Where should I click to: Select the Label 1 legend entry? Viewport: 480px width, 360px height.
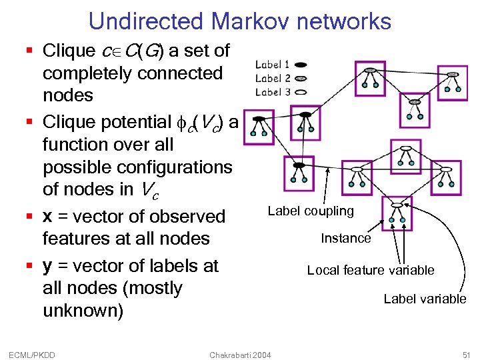pos(272,65)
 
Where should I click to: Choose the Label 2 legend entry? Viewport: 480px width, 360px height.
pos(272,79)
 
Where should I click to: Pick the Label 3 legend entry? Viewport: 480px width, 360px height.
pos(272,92)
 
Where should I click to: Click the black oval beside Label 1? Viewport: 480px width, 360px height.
pos(300,65)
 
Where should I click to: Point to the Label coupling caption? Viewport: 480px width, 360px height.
pos(311,211)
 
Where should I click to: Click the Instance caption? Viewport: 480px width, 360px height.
pos(345,238)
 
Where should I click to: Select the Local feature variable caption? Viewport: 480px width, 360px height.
pos(370,270)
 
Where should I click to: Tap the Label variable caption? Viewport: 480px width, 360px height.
pos(425,299)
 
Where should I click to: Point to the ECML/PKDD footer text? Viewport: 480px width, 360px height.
pos(33,355)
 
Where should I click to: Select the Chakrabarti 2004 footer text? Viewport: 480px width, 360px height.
pos(240,355)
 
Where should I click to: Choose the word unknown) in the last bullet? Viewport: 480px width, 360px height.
pos(83,311)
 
